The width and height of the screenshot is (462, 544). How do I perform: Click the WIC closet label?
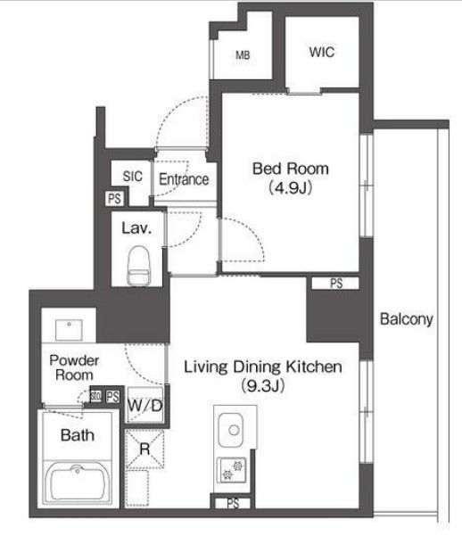click(322, 52)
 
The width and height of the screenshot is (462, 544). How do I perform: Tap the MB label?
click(243, 54)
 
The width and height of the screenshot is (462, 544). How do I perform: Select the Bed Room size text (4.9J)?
click(291, 187)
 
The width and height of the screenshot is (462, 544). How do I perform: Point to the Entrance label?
click(184, 179)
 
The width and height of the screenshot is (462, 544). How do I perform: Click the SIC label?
click(133, 177)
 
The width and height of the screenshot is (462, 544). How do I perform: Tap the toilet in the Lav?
click(139, 266)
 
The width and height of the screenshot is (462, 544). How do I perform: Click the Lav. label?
click(136, 228)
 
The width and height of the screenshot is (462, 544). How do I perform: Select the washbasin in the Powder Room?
click(69, 330)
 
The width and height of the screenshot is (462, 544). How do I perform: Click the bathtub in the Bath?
click(78, 482)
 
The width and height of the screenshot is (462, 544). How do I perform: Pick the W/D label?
click(145, 405)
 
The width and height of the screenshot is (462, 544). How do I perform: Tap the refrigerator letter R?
click(144, 449)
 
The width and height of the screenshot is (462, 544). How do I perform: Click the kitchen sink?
click(230, 430)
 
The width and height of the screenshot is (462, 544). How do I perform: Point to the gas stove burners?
click(232, 470)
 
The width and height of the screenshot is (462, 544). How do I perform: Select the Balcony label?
click(406, 319)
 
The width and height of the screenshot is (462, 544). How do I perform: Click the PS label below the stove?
click(233, 503)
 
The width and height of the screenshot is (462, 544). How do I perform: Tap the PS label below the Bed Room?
click(336, 284)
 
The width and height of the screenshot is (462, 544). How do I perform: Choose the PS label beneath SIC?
click(114, 199)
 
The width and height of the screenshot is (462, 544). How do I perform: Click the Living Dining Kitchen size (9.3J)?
click(263, 385)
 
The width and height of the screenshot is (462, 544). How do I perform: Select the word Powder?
click(74, 360)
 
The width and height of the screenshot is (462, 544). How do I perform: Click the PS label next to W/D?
click(112, 397)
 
